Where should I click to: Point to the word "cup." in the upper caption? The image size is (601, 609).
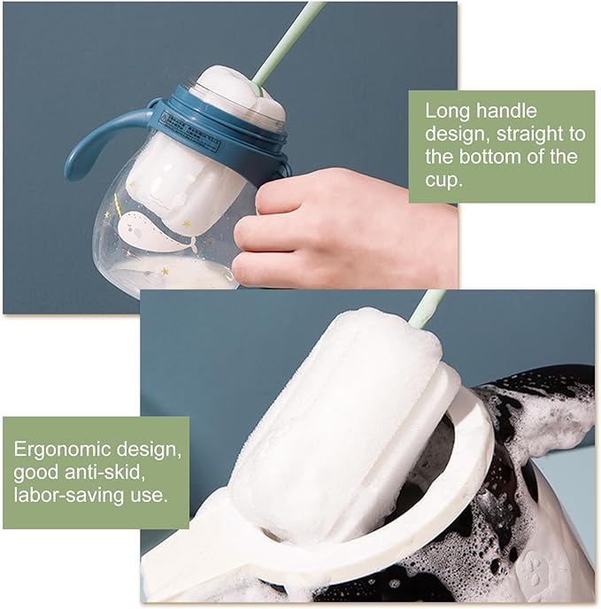(x=443, y=181)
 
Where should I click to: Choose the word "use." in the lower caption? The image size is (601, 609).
(x=150, y=497)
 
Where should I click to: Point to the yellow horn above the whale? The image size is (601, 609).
(x=117, y=205)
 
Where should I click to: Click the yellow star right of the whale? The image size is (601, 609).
(x=186, y=224)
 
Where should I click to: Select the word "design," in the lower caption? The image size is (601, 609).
(x=149, y=451)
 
